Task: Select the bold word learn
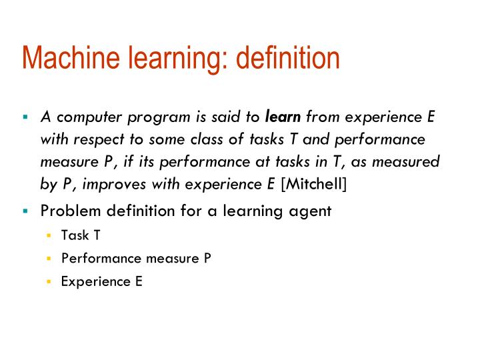[x=283, y=117]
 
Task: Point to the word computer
[x=85, y=117]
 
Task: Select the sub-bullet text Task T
[x=81, y=235]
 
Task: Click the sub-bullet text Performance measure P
[x=136, y=259]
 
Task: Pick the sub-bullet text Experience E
[x=101, y=281]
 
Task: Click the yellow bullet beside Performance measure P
[x=49, y=259]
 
